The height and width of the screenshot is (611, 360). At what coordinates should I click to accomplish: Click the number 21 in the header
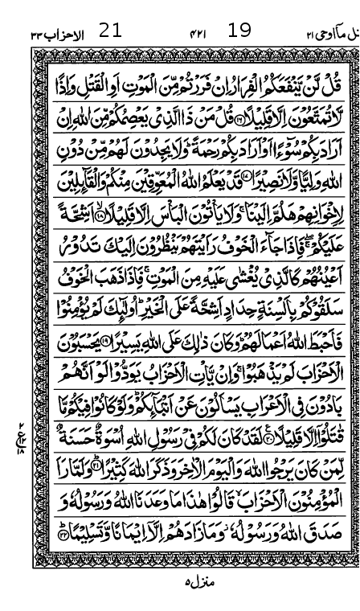click(x=109, y=31)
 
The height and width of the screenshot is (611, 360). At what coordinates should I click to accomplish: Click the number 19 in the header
click(x=239, y=31)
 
